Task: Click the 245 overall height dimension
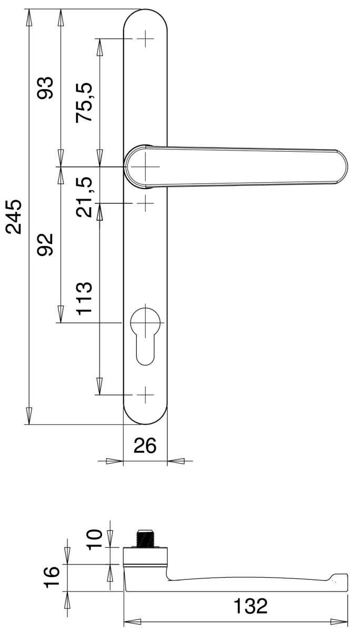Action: tap(14, 216)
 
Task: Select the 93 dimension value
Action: tap(45, 88)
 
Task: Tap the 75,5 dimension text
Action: tap(84, 102)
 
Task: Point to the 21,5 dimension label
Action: tap(84, 197)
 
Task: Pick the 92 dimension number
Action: tap(45, 244)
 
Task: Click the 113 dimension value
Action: tap(84, 298)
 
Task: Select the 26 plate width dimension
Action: tap(145, 446)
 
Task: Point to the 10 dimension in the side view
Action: tap(94, 540)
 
